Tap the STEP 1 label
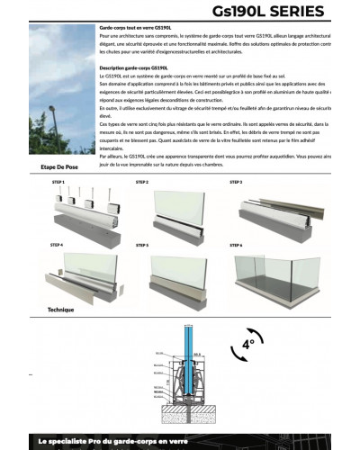[58, 182]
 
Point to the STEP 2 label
[141, 182]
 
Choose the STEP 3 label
[237, 182]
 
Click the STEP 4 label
[57, 244]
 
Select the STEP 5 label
[141, 244]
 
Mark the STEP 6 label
[237, 244]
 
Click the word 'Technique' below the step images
[60, 309]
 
